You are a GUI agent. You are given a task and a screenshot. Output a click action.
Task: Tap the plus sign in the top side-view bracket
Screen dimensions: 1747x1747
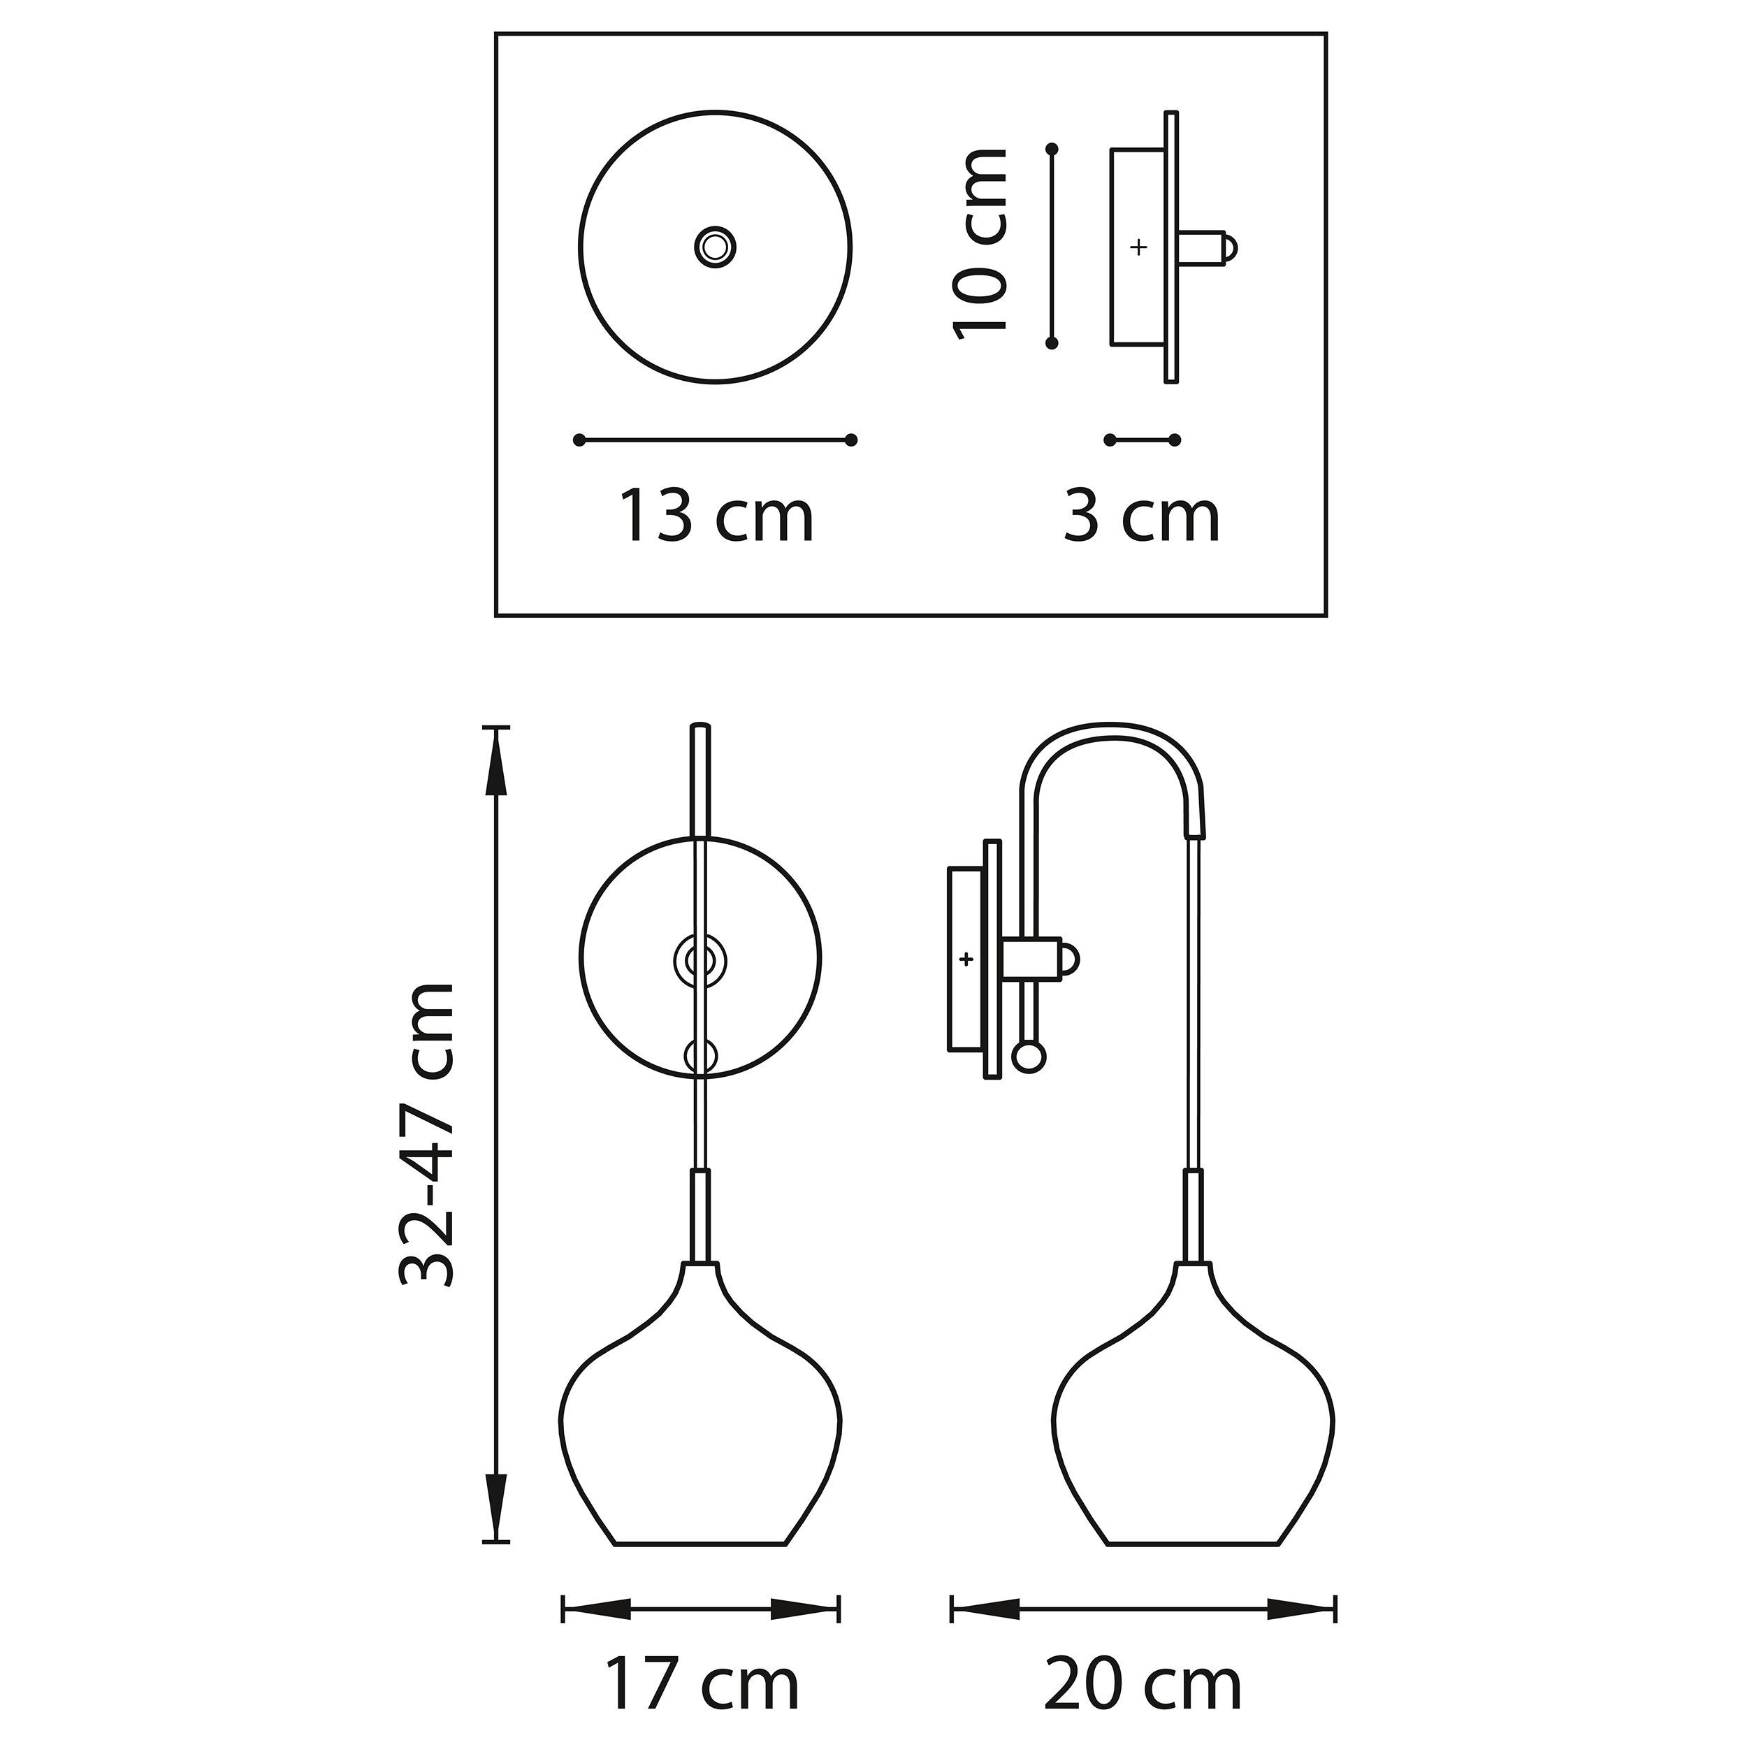[x=1138, y=246]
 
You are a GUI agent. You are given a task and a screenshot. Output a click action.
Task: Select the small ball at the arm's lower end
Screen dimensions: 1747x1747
[x=1029, y=1055]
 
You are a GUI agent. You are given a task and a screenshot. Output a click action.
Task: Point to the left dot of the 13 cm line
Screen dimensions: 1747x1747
[x=579, y=440]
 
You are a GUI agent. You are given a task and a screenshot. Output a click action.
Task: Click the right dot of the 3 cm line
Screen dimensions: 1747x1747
[x=1174, y=440]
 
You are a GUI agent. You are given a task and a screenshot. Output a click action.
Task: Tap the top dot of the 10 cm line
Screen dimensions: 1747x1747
[x=1051, y=147]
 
